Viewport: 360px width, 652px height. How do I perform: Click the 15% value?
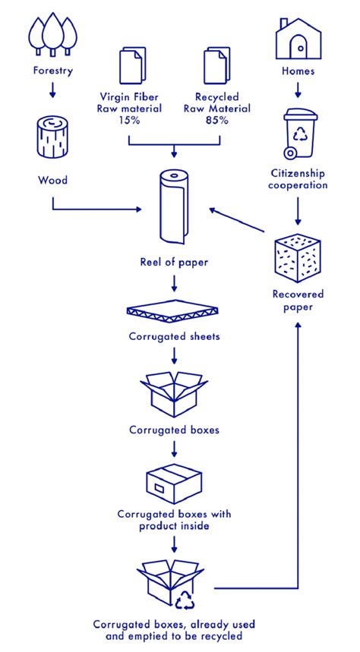130,120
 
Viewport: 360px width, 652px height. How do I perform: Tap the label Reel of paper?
174,262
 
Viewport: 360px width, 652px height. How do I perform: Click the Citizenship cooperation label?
298,178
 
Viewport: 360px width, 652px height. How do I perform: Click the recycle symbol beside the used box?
185,600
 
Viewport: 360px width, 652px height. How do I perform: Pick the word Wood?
52,181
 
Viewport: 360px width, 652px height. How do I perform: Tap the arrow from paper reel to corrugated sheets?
174,284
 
